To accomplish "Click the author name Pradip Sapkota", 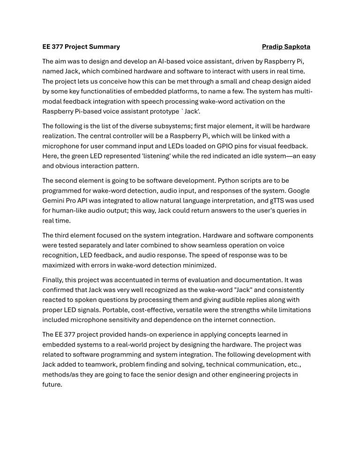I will pos(286,47).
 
